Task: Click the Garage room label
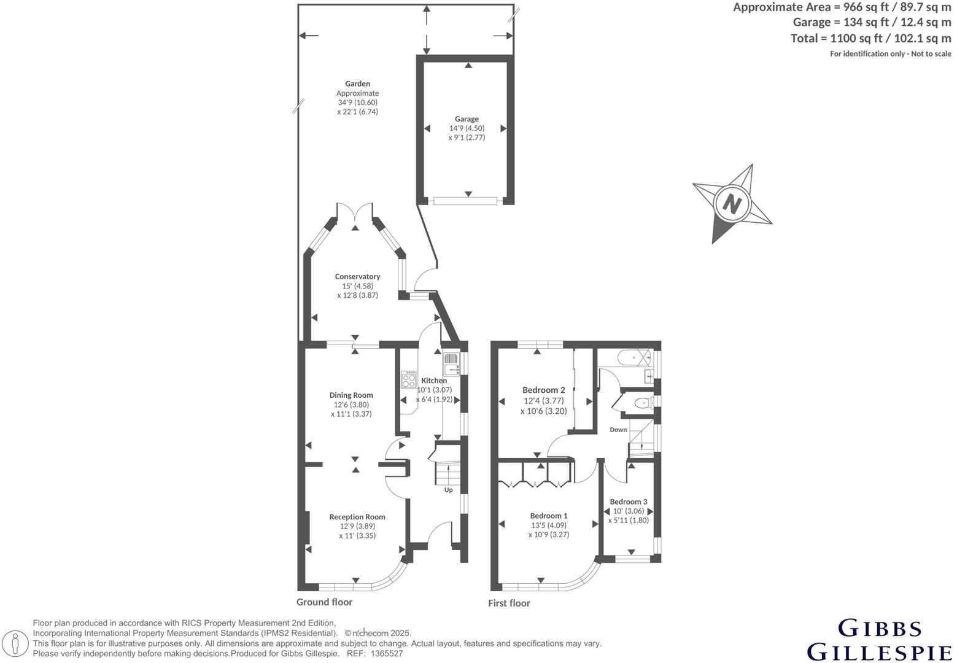467,119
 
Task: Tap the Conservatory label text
357,277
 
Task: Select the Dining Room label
351,395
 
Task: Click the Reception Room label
357,517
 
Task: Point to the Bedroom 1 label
549,516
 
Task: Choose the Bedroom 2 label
543,390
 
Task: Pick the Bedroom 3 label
629,502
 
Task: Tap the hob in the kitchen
408,379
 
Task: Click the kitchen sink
452,363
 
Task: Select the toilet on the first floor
642,403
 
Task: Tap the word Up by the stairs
449,490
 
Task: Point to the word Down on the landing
618,430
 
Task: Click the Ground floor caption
325,602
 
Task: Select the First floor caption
509,603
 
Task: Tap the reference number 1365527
386,654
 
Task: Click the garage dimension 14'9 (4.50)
467,128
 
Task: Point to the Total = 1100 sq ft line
870,38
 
